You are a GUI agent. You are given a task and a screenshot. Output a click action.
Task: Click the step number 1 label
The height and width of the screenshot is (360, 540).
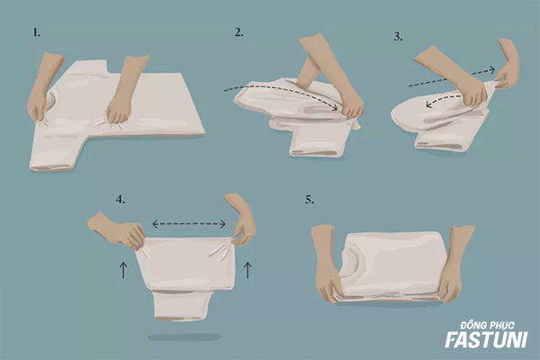[x=37, y=32]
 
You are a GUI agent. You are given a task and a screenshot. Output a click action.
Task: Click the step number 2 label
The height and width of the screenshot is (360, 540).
[x=239, y=32]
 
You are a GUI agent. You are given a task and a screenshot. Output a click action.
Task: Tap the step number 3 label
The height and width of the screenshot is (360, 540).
[x=399, y=37]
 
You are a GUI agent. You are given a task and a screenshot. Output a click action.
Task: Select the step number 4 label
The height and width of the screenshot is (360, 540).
[x=121, y=199]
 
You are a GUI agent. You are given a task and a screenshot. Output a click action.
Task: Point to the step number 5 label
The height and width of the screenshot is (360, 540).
[x=310, y=200]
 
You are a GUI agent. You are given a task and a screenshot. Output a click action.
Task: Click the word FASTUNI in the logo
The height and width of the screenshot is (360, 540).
[x=486, y=339]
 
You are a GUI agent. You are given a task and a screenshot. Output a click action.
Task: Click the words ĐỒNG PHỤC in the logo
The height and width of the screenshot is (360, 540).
[x=488, y=325]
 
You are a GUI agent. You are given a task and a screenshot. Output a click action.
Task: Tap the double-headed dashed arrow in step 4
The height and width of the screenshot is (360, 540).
[x=189, y=224]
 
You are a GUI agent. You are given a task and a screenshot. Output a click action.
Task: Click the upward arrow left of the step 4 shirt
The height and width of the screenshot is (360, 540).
[x=123, y=270]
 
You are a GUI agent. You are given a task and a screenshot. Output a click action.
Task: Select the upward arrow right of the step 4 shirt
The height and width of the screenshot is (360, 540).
[x=247, y=270]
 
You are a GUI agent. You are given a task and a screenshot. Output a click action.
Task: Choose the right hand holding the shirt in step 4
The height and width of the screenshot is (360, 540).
[x=240, y=220]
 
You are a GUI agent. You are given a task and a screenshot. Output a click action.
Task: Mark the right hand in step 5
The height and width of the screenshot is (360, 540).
[x=454, y=265]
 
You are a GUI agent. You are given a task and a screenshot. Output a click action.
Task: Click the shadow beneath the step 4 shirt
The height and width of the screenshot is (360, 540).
[x=184, y=337]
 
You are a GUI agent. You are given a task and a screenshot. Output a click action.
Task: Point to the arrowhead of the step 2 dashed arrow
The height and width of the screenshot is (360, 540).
[x=335, y=108]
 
